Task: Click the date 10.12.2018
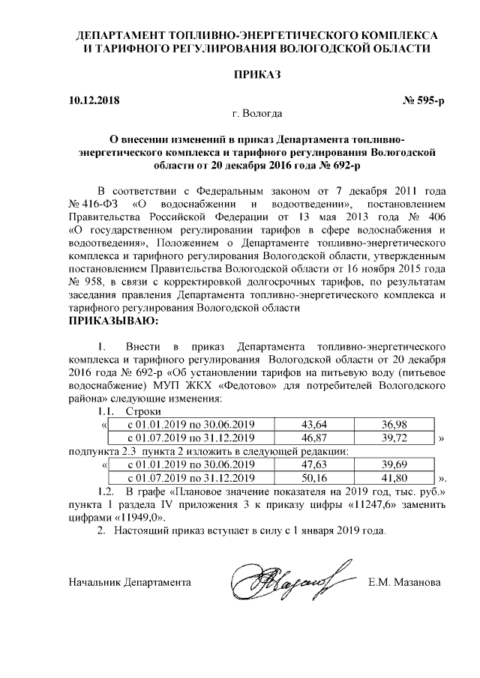coord(93,99)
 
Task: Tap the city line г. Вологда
coord(257,114)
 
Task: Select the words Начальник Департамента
coord(129,581)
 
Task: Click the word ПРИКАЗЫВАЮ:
coord(113,321)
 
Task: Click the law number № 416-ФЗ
coord(91,204)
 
